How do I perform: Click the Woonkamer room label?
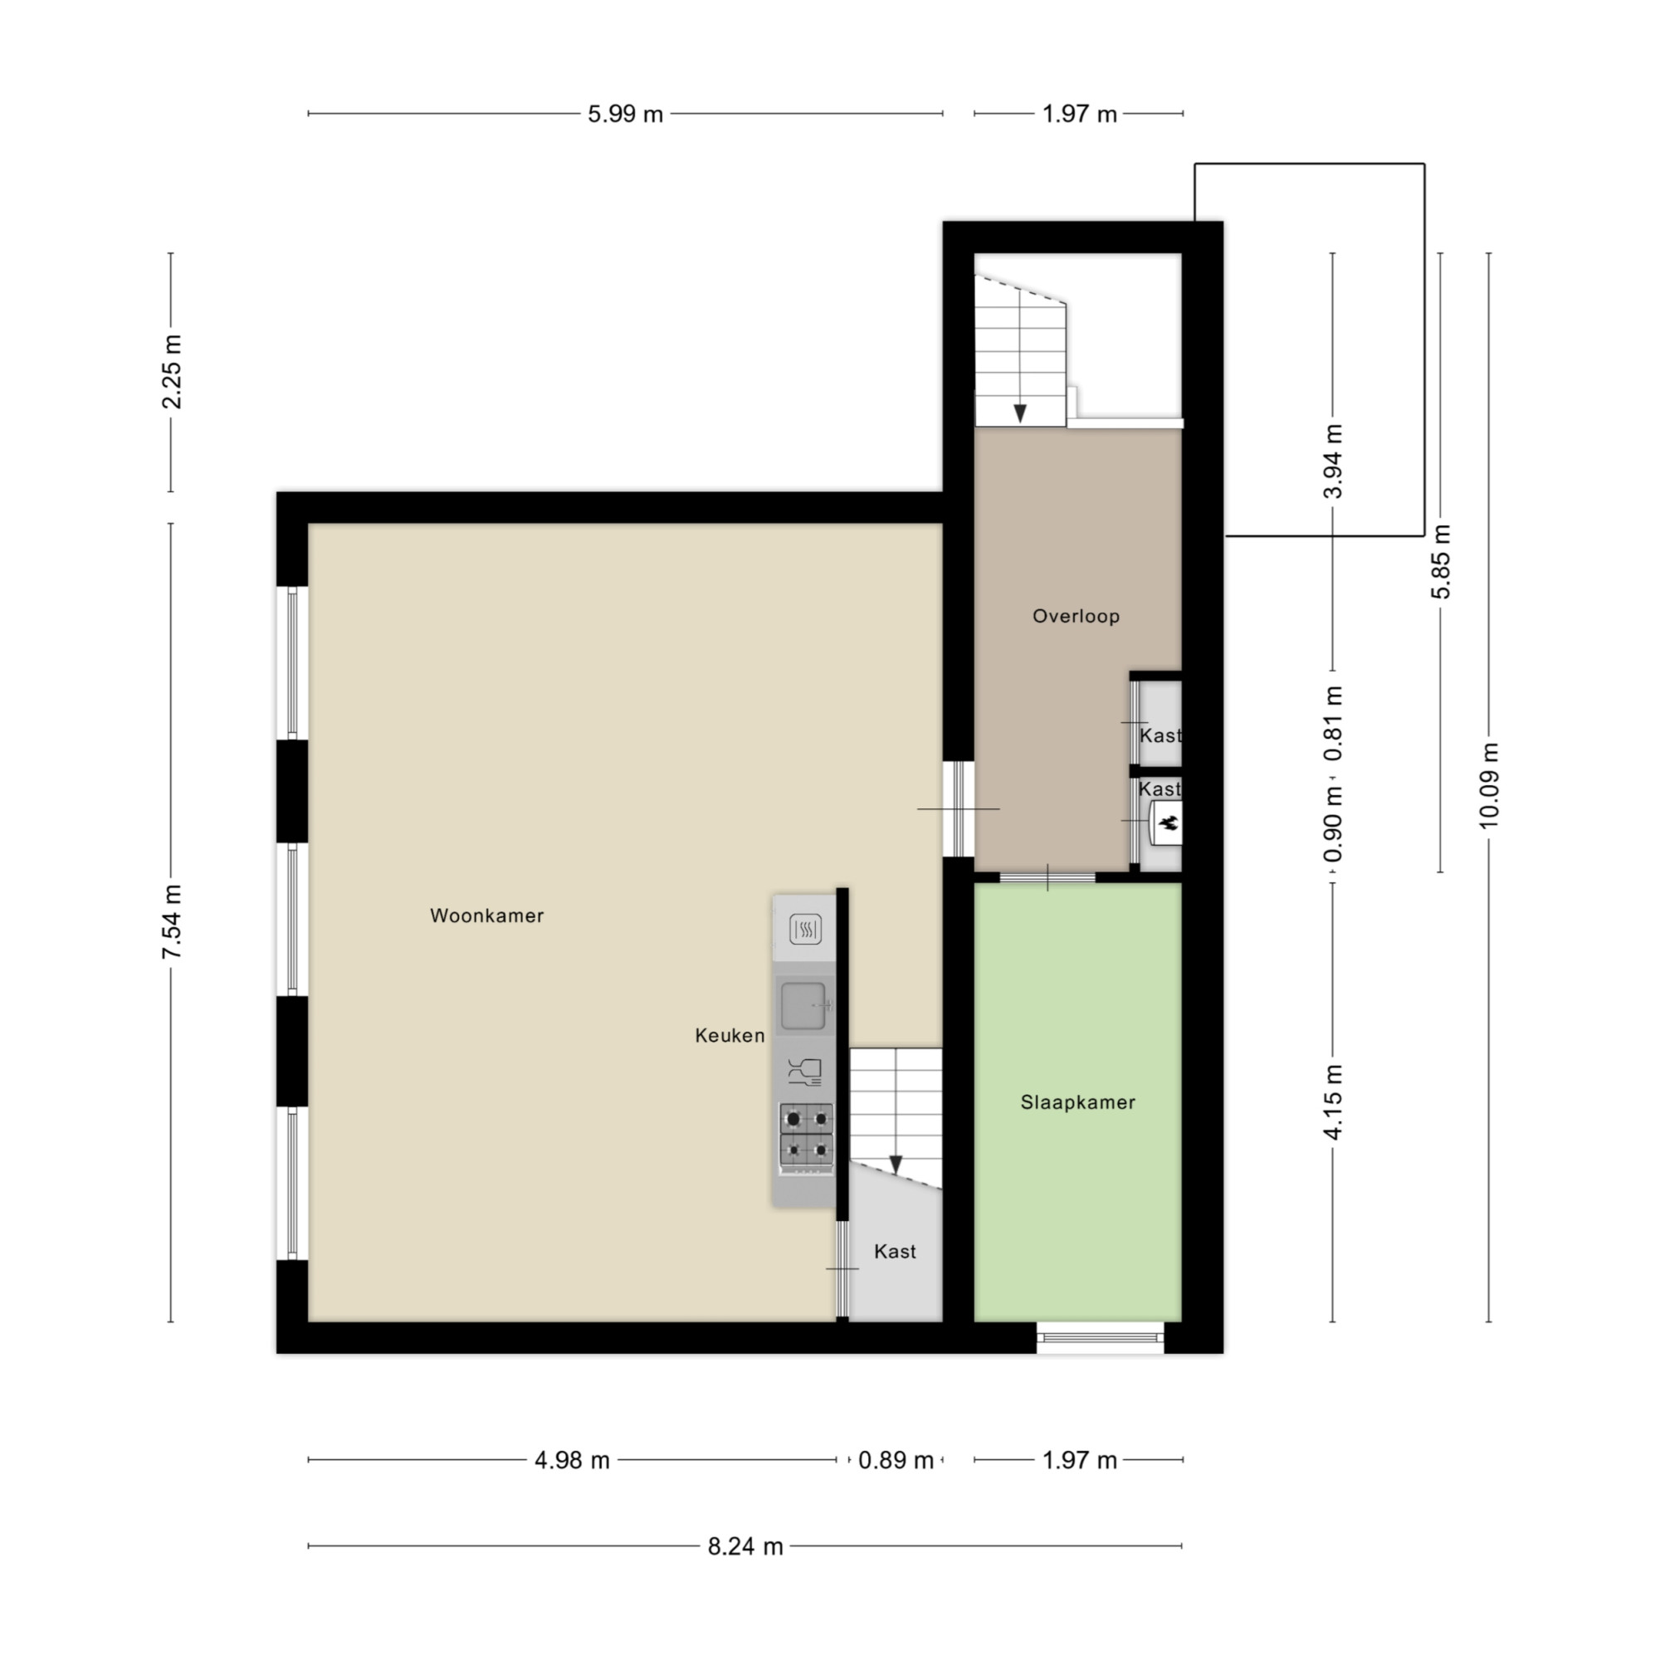(x=486, y=916)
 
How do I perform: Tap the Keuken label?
(x=730, y=1035)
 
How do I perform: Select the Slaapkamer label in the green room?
(x=1077, y=1102)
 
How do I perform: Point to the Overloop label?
(x=1076, y=616)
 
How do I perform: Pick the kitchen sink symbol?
(x=805, y=1005)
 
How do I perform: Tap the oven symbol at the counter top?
(x=805, y=929)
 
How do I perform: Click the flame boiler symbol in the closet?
(x=1166, y=825)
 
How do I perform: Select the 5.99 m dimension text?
(x=625, y=115)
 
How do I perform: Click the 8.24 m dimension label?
(x=745, y=1546)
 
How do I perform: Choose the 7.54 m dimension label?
(x=171, y=922)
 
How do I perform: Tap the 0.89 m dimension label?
(x=896, y=1461)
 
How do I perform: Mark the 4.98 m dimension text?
(x=571, y=1461)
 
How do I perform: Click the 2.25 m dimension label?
(x=171, y=372)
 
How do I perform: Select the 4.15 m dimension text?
(x=1333, y=1102)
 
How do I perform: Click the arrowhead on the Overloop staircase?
(x=1020, y=413)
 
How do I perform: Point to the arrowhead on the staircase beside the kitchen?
(x=896, y=1165)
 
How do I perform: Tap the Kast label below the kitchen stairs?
(x=895, y=1252)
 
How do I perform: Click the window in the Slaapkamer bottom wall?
(x=1100, y=1338)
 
